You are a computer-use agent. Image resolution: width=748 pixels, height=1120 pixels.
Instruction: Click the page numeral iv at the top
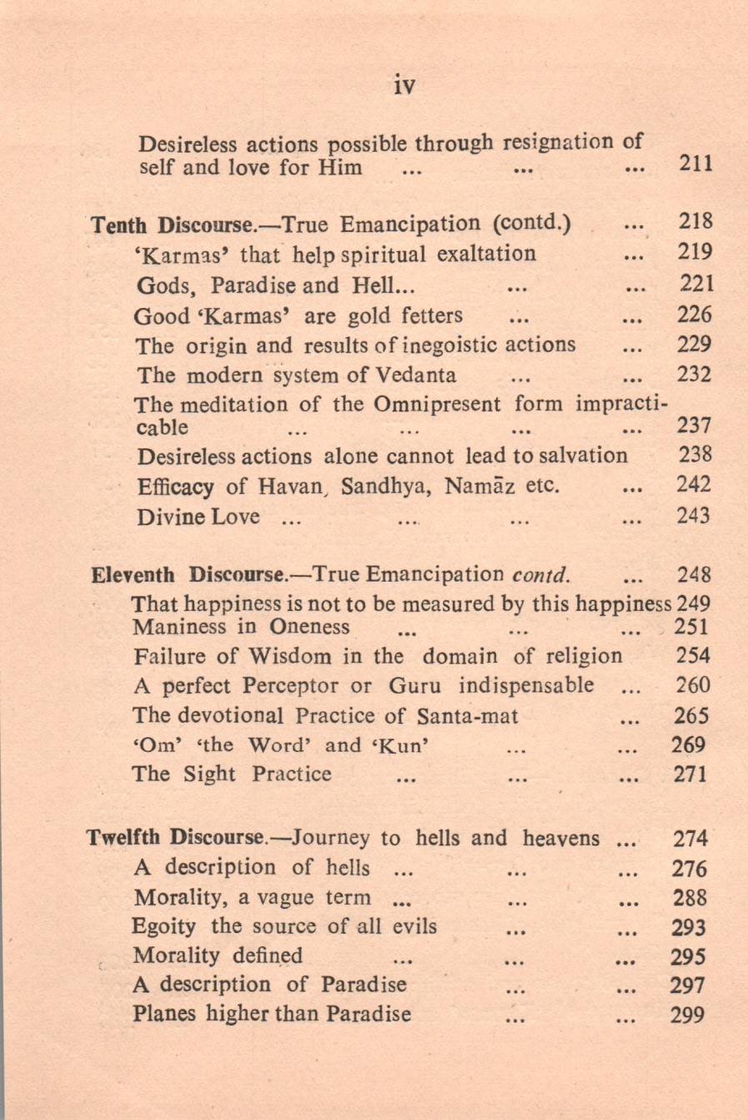[404, 85]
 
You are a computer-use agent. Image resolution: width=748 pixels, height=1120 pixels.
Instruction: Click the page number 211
[695, 164]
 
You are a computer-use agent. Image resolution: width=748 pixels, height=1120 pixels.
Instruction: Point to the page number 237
[694, 426]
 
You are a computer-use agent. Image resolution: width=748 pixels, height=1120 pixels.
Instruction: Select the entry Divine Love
[198, 517]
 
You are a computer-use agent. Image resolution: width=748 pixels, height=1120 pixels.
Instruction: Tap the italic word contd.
[541, 575]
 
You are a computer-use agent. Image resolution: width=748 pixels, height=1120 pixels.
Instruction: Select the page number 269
[689, 745]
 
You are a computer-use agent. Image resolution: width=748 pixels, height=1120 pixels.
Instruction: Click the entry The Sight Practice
[231, 774]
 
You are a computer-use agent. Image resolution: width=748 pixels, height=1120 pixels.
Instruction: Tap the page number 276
[690, 869]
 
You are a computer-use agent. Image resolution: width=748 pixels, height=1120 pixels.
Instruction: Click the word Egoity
[163, 926]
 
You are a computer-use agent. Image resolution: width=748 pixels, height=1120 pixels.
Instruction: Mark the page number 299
[688, 1015]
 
